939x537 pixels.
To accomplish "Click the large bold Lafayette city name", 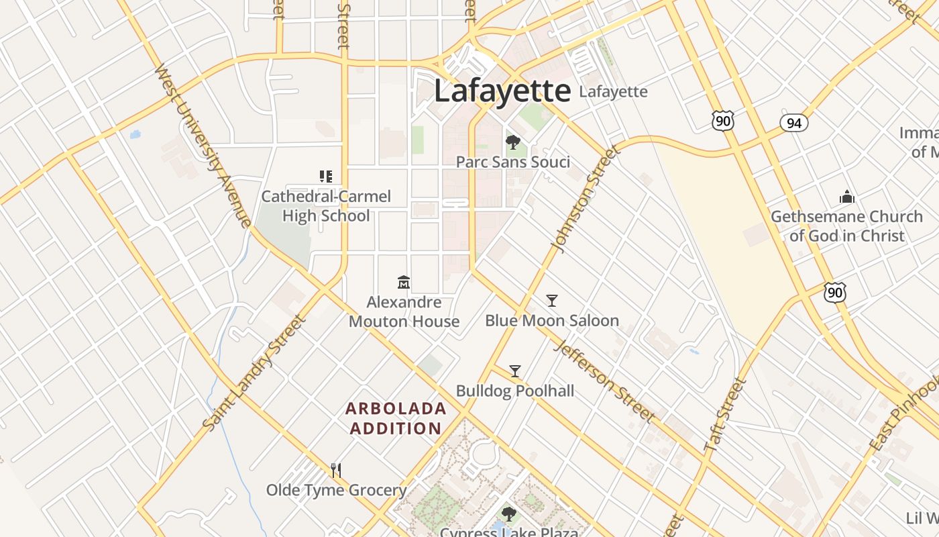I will tap(502, 91).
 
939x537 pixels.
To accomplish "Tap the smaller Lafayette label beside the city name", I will tap(613, 92).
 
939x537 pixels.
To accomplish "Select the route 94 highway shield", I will tap(794, 123).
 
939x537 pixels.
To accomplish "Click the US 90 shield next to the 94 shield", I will tap(723, 121).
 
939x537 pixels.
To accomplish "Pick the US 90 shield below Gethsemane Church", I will tap(836, 292).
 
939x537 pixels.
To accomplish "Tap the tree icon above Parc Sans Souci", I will tap(513, 142).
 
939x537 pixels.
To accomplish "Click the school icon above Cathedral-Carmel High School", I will tap(326, 177).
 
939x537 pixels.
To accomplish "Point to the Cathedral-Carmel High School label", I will tap(326, 206).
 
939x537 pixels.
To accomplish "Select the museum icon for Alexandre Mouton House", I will tap(404, 282).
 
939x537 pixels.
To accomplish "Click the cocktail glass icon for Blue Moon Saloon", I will tap(551, 300).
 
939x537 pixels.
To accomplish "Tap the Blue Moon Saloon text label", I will tap(551, 321).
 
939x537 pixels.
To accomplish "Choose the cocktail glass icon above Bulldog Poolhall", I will tap(515, 371).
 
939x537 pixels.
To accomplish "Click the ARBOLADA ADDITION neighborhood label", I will tap(396, 418).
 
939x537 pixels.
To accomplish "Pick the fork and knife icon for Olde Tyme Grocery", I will tap(336, 470).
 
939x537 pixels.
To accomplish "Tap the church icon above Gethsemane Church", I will tap(846, 197).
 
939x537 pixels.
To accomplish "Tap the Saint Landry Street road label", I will tap(255, 373).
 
